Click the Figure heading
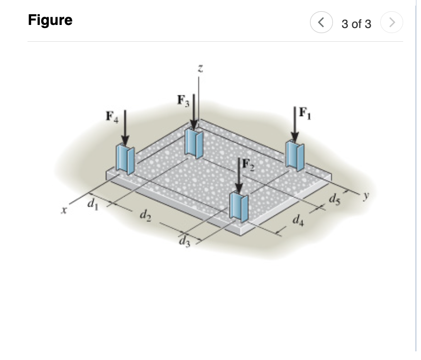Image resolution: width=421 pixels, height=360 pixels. pyautogui.click(x=50, y=20)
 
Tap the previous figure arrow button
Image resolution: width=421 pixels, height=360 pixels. pyautogui.click(x=320, y=23)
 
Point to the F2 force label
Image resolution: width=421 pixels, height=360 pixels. pyautogui.click(x=247, y=164)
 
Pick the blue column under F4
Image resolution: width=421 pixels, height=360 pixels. pyautogui.click(x=125, y=159)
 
